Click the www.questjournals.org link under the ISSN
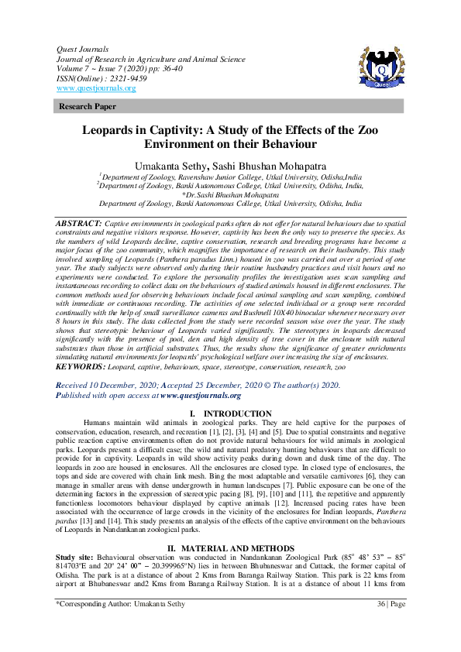tap(96, 88)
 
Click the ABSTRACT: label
tap(78, 223)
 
